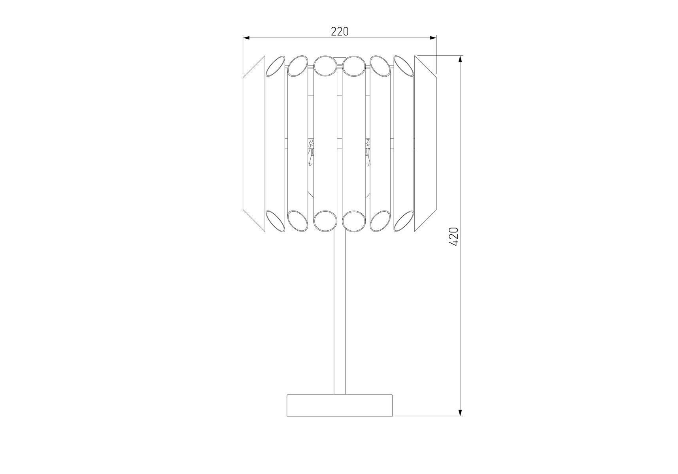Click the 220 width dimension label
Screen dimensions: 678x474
[340, 31]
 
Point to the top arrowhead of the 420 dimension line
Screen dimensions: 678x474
[460, 60]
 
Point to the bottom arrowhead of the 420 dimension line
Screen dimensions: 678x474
[460, 412]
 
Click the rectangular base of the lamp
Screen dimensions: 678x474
[340, 405]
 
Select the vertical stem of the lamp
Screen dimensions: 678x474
[340, 312]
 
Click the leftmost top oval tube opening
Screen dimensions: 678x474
[275, 66]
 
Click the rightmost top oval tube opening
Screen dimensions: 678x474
[404, 66]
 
